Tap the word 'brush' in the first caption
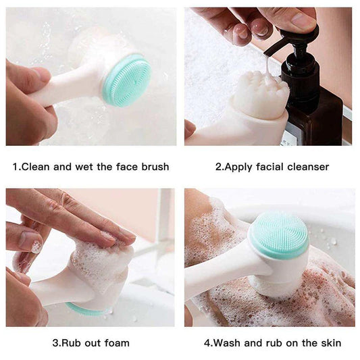(154, 167)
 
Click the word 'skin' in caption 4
(330, 343)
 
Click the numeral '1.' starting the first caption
(16, 167)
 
